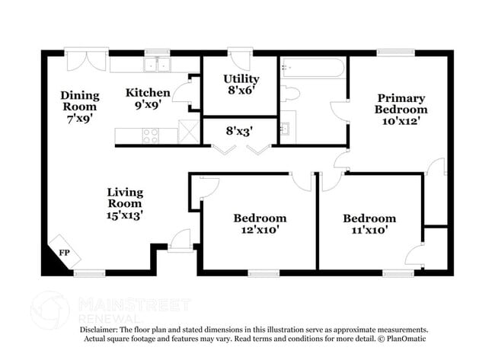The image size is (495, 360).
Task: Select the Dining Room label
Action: click(80, 107)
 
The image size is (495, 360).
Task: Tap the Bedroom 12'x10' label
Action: click(260, 225)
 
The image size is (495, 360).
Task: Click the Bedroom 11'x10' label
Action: click(369, 225)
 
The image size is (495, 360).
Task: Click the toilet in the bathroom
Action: click(289, 94)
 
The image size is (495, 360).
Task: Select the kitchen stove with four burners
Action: click(150, 135)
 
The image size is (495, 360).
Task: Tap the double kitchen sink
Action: click(158, 65)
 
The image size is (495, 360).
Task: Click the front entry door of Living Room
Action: click(180, 241)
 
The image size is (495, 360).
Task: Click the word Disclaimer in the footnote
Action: click(103, 329)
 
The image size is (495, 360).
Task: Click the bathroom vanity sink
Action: click(286, 127)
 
